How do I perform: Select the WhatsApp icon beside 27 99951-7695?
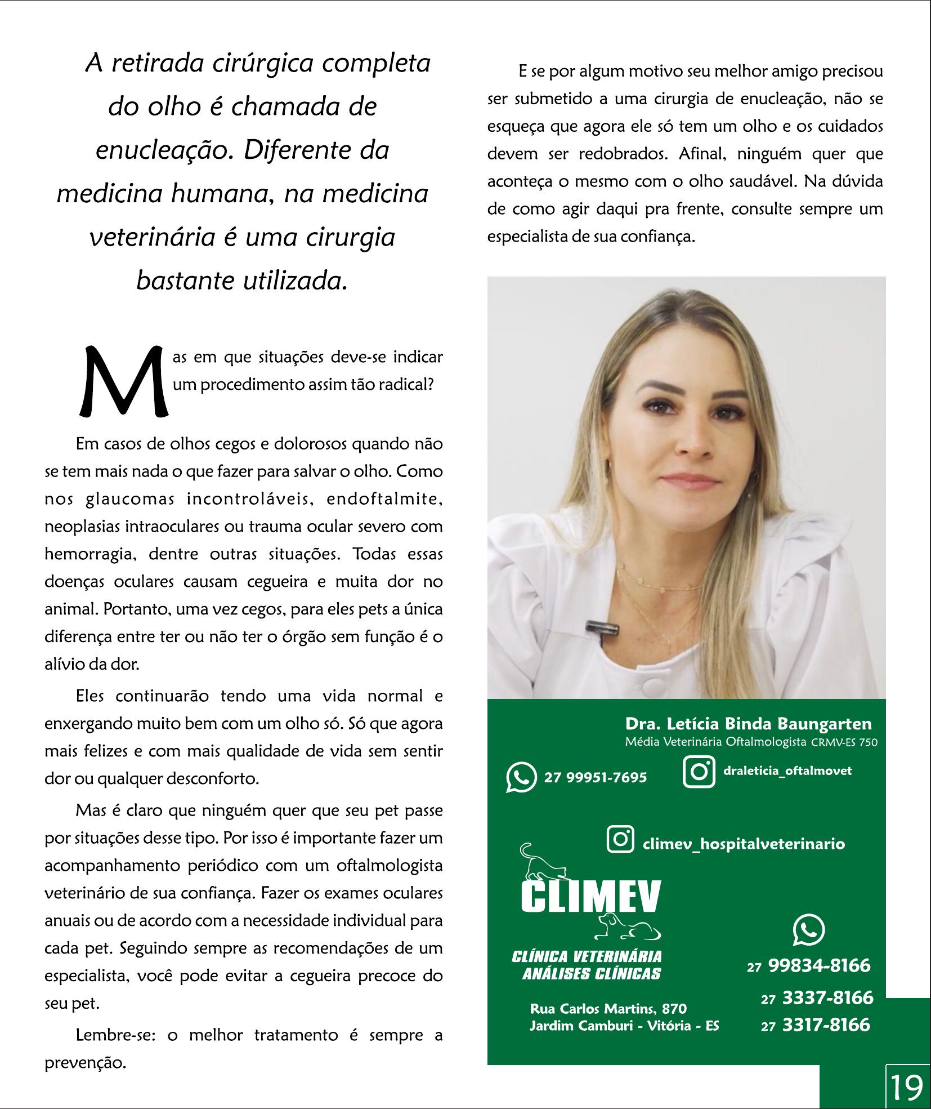[521, 777]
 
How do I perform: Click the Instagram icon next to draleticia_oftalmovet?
[699, 771]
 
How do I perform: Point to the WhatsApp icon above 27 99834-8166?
[808, 930]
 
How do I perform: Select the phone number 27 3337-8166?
[817, 997]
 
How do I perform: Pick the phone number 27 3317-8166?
[816, 1024]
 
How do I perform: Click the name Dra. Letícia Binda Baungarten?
[748, 724]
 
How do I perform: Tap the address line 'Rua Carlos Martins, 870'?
[608, 1008]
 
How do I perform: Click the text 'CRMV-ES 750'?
[844, 742]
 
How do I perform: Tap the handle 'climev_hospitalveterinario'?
[743, 844]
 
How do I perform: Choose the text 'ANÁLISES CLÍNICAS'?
[592, 973]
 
